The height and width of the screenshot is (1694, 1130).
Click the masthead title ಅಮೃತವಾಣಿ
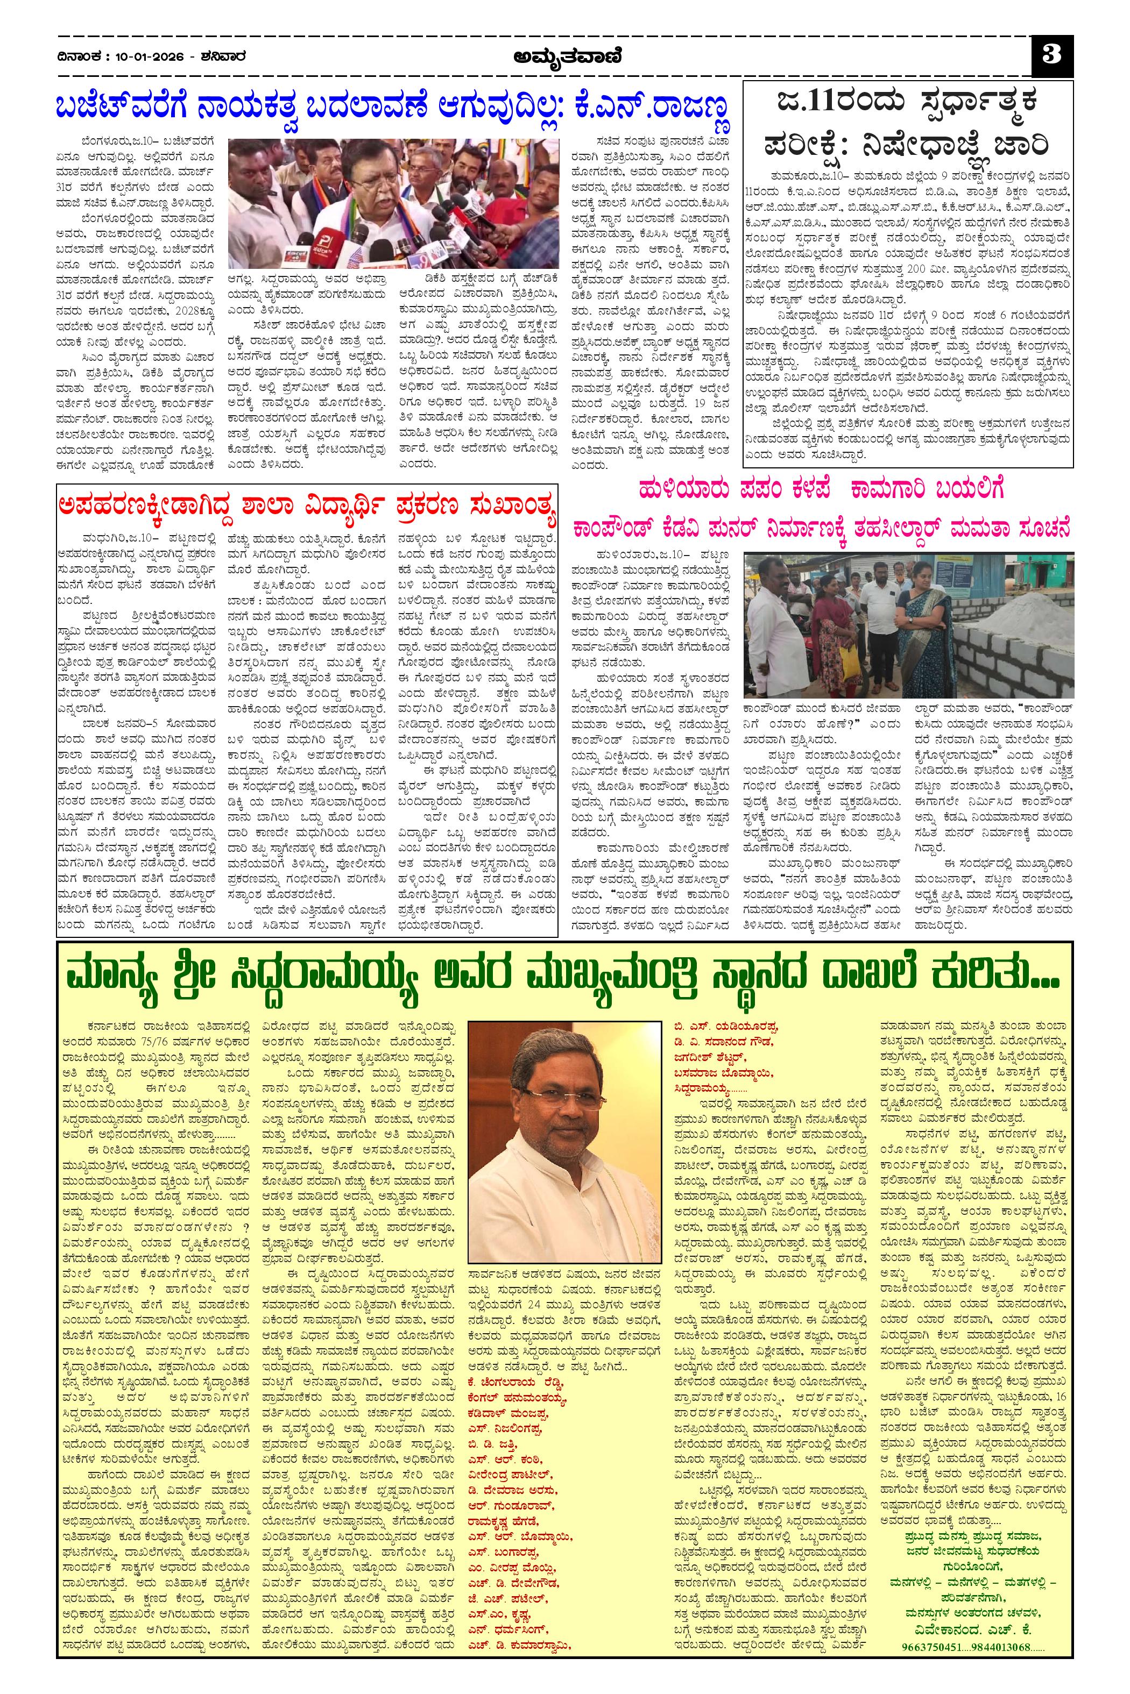tap(564, 55)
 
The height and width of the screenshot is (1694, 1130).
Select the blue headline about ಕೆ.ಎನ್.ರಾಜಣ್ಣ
tap(393, 108)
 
